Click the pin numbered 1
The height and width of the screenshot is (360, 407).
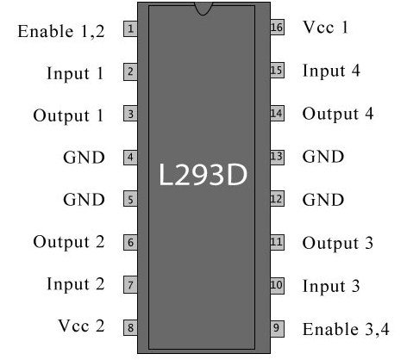click(130, 28)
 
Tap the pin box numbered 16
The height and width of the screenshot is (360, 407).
click(277, 28)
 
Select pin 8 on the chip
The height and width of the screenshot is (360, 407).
click(130, 327)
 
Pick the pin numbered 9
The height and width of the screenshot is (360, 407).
click(277, 328)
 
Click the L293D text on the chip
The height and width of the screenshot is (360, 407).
click(203, 175)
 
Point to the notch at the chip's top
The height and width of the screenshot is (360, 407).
click(203, 9)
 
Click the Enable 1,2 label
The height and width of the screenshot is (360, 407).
click(61, 31)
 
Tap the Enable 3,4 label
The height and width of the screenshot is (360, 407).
click(346, 329)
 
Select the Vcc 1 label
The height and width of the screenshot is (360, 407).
click(325, 28)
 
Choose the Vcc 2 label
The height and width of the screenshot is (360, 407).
click(81, 326)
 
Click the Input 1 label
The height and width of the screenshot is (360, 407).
click(75, 74)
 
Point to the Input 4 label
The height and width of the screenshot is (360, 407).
click(331, 71)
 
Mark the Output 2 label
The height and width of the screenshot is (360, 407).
click(69, 242)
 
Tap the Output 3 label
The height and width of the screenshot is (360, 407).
click(338, 243)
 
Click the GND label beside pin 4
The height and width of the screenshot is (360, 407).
click(84, 158)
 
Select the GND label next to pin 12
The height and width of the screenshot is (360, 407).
click(323, 200)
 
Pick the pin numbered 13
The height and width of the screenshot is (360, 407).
click(277, 157)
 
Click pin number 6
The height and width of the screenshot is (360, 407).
click(130, 243)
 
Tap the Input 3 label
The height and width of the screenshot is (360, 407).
click(331, 286)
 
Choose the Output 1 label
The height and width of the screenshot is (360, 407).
click(68, 115)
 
